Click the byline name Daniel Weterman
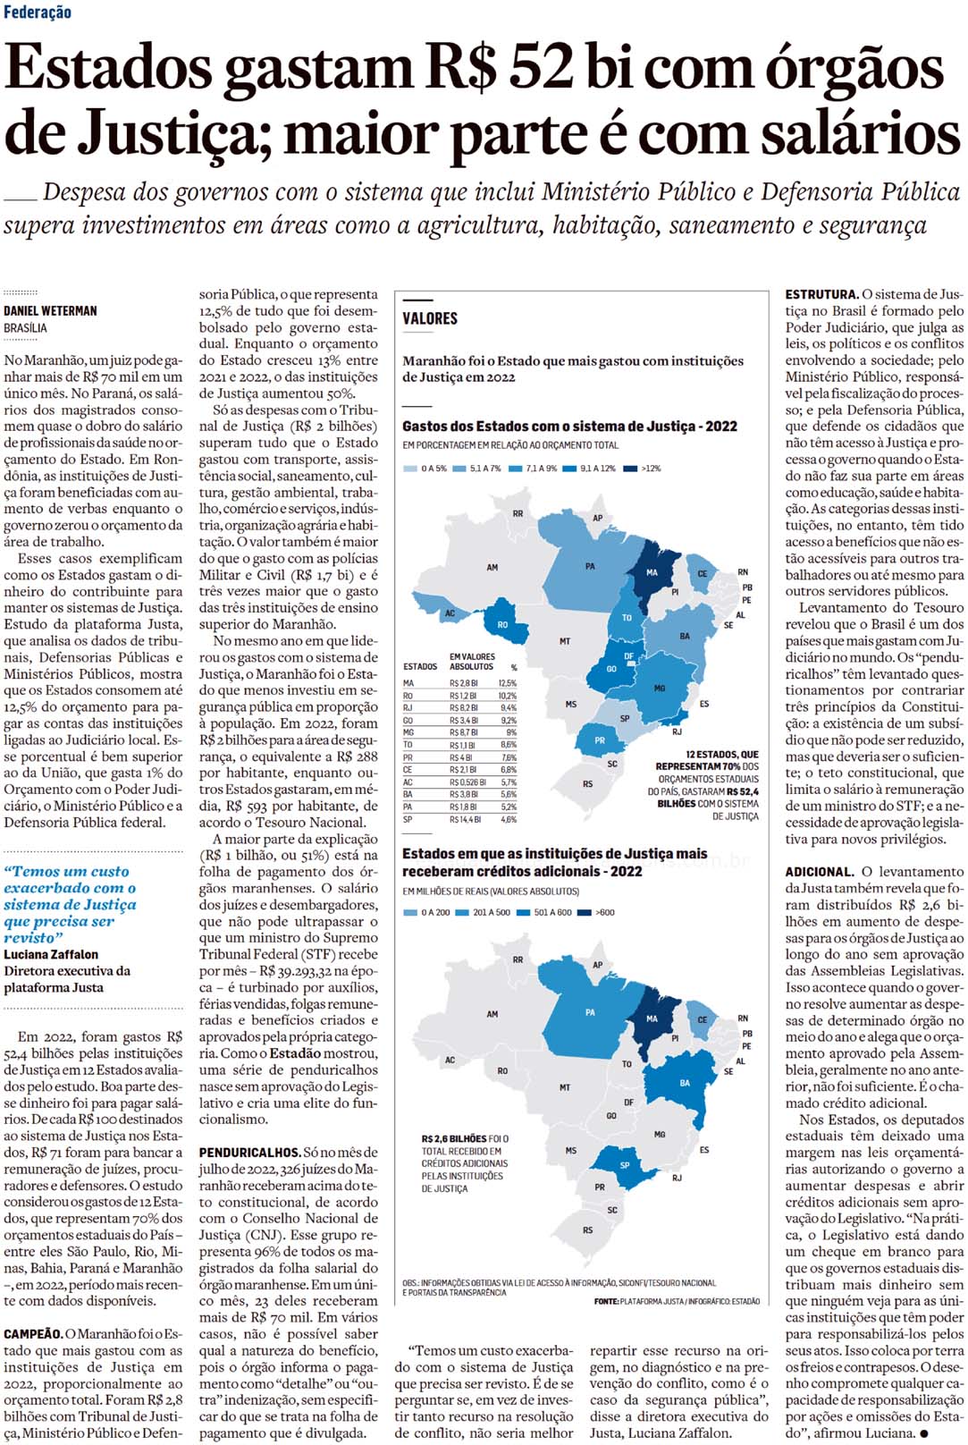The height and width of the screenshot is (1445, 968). pyautogui.click(x=50, y=311)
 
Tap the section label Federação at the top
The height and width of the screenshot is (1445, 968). pyautogui.click(x=38, y=13)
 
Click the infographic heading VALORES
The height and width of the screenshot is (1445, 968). pyautogui.click(x=430, y=318)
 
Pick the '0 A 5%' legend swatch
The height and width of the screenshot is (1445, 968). pyautogui.click(x=410, y=469)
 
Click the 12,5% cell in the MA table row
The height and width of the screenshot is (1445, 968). pyautogui.click(x=508, y=683)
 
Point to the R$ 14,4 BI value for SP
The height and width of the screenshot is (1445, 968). pyautogui.click(x=464, y=819)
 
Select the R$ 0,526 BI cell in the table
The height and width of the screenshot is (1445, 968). pyautogui.click(x=467, y=782)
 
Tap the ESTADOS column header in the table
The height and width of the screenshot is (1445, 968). pyautogui.click(x=420, y=667)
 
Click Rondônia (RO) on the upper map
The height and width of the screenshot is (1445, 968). pyautogui.click(x=502, y=625)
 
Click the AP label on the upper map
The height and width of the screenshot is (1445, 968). pyautogui.click(x=597, y=519)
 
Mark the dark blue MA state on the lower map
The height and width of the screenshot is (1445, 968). pyautogui.click(x=652, y=1021)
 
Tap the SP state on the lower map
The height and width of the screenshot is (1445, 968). pyautogui.click(x=624, y=1164)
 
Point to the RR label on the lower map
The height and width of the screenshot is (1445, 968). pyautogui.click(x=518, y=959)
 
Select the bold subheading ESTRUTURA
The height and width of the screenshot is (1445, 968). pyautogui.click(x=821, y=294)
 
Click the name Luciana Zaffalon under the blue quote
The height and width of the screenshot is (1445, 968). pyautogui.click(x=51, y=954)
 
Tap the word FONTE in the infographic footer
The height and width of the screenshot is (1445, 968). pyautogui.click(x=605, y=1301)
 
